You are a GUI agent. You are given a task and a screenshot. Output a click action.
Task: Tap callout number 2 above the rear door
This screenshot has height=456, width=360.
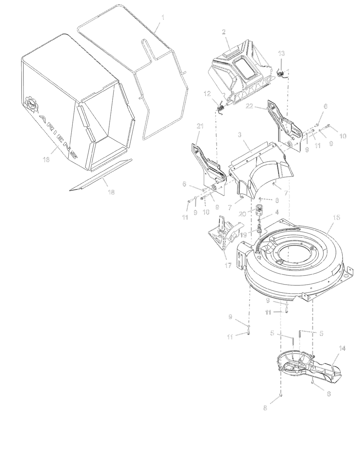pos(224,32)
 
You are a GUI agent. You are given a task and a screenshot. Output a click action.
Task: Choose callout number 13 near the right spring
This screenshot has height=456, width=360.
pos(281,54)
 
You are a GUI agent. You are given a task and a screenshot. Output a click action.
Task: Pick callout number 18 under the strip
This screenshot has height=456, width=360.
pos(111,193)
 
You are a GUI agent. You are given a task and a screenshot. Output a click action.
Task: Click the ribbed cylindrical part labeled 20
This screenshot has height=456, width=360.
pos(259,209)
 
